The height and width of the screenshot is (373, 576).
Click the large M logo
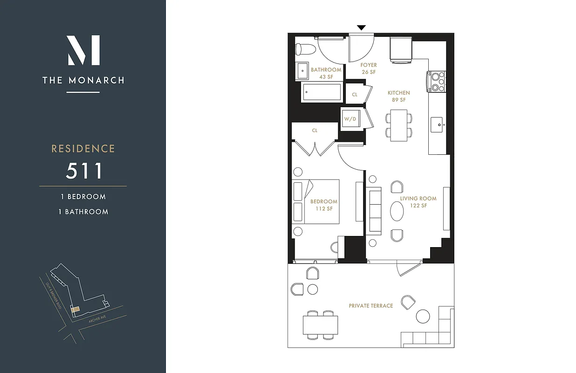coord(83,50)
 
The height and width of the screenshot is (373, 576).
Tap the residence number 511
coord(84,171)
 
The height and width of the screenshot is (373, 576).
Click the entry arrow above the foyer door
coord(361,28)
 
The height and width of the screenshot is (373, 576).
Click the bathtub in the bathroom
coord(322,92)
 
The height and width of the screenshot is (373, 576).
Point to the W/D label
coord(350,119)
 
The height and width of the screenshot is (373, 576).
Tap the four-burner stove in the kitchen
coord(437,82)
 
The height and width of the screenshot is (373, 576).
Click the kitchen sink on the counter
coord(437,124)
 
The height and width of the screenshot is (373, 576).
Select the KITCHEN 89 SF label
coord(399,97)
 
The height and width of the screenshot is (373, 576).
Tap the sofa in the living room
coord(375,210)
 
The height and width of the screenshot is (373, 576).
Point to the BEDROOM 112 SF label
coord(324,205)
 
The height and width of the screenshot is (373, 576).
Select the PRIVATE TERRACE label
coord(371,306)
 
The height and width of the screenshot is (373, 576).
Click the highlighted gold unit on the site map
coord(75,309)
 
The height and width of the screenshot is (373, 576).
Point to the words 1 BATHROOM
coord(83,212)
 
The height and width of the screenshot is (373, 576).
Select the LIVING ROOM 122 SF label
coord(418,202)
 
